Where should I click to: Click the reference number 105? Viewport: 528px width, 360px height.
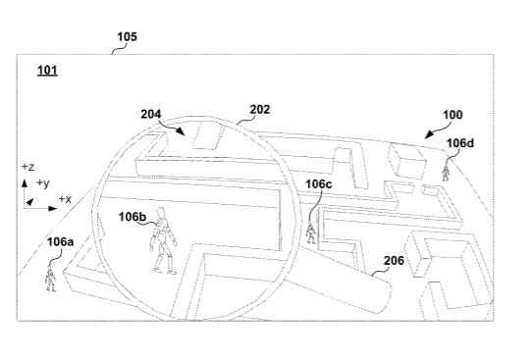pyautogui.click(x=127, y=36)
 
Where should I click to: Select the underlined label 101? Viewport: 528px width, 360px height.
pyautogui.click(x=47, y=71)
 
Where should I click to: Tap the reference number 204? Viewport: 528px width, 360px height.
pyautogui.click(x=151, y=115)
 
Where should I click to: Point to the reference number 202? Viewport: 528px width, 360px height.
pyautogui.click(x=260, y=110)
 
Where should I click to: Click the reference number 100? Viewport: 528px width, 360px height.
pyautogui.click(x=452, y=115)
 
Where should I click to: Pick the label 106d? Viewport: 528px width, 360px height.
pyautogui.click(x=460, y=143)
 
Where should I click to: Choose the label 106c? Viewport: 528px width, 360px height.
pyautogui.click(x=319, y=184)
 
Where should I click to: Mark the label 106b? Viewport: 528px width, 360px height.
pyautogui.click(x=132, y=217)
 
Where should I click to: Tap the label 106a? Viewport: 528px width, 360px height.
pyautogui.click(x=60, y=241)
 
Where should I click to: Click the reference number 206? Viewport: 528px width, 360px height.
pyautogui.click(x=394, y=260)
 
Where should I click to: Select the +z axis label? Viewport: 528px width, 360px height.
pyautogui.click(x=27, y=167)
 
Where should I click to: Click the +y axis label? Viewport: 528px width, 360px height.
pyautogui.click(x=43, y=183)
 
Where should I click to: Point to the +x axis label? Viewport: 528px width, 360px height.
pyautogui.click(x=66, y=199)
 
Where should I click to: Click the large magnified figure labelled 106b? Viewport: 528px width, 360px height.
pyautogui.click(x=164, y=240)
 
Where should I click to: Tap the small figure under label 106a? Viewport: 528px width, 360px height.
pyautogui.click(x=50, y=279)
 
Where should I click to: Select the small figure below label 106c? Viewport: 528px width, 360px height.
pyautogui.click(x=311, y=232)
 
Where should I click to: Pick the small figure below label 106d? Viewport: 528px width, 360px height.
pyautogui.click(x=446, y=172)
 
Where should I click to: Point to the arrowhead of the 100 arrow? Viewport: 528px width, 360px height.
pyautogui.click(x=429, y=135)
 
